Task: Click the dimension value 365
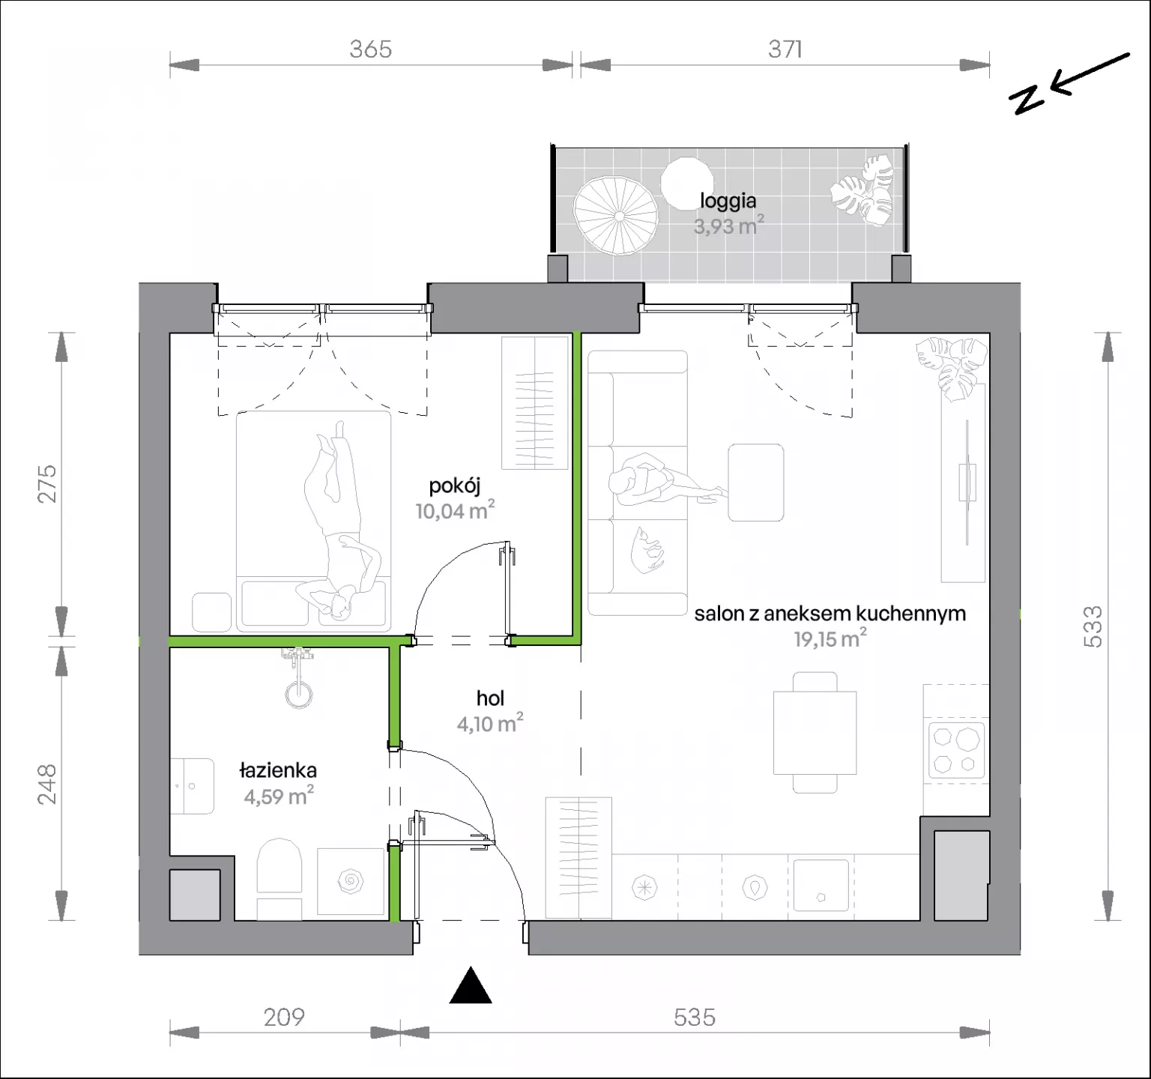pyautogui.click(x=370, y=49)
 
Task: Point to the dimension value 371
pyautogui.click(x=785, y=49)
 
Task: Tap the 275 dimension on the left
pyautogui.click(x=48, y=483)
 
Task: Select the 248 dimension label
pyautogui.click(x=48, y=784)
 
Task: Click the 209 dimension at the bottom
pyautogui.click(x=284, y=1017)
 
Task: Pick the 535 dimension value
pyautogui.click(x=695, y=1017)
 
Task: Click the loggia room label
pyautogui.click(x=728, y=201)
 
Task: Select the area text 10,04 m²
pyautogui.click(x=455, y=511)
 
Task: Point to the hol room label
pyautogui.click(x=490, y=698)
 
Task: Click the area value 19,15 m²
pyautogui.click(x=830, y=639)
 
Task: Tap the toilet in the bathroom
pyautogui.click(x=279, y=878)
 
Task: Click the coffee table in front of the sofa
pyautogui.click(x=756, y=483)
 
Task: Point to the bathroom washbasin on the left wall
pyautogui.click(x=191, y=785)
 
